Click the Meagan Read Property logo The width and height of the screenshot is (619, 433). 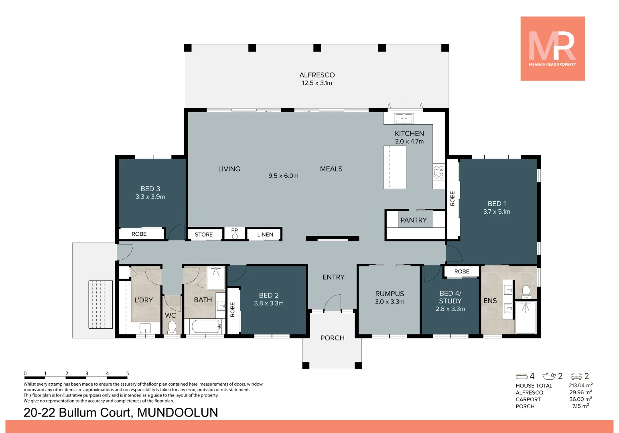point(552,49)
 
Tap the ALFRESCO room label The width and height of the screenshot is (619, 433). point(317,75)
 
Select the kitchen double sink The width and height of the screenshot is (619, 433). point(404,118)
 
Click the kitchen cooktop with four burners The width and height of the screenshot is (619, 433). point(438,172)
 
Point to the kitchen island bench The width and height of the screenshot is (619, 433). point(395,167)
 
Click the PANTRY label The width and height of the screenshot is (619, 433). point(414,220)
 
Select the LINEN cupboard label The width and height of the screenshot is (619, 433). point(265,235)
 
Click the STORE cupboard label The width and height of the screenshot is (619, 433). point(204,235)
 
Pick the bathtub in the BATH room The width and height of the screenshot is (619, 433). point(206,326)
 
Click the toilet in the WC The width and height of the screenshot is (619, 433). point(172,326)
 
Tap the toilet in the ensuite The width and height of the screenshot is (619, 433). point(526,290)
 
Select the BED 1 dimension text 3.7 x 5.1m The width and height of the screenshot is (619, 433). point(497,212)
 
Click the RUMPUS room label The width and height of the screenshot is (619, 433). point(390,294)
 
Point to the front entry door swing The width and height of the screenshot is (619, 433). point(333,303)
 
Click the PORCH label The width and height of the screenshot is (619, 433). point(332,338)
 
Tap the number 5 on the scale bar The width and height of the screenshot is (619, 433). point(128,374)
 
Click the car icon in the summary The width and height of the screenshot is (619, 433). point(576,376)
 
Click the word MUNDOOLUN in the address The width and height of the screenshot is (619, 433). point(178,413)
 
